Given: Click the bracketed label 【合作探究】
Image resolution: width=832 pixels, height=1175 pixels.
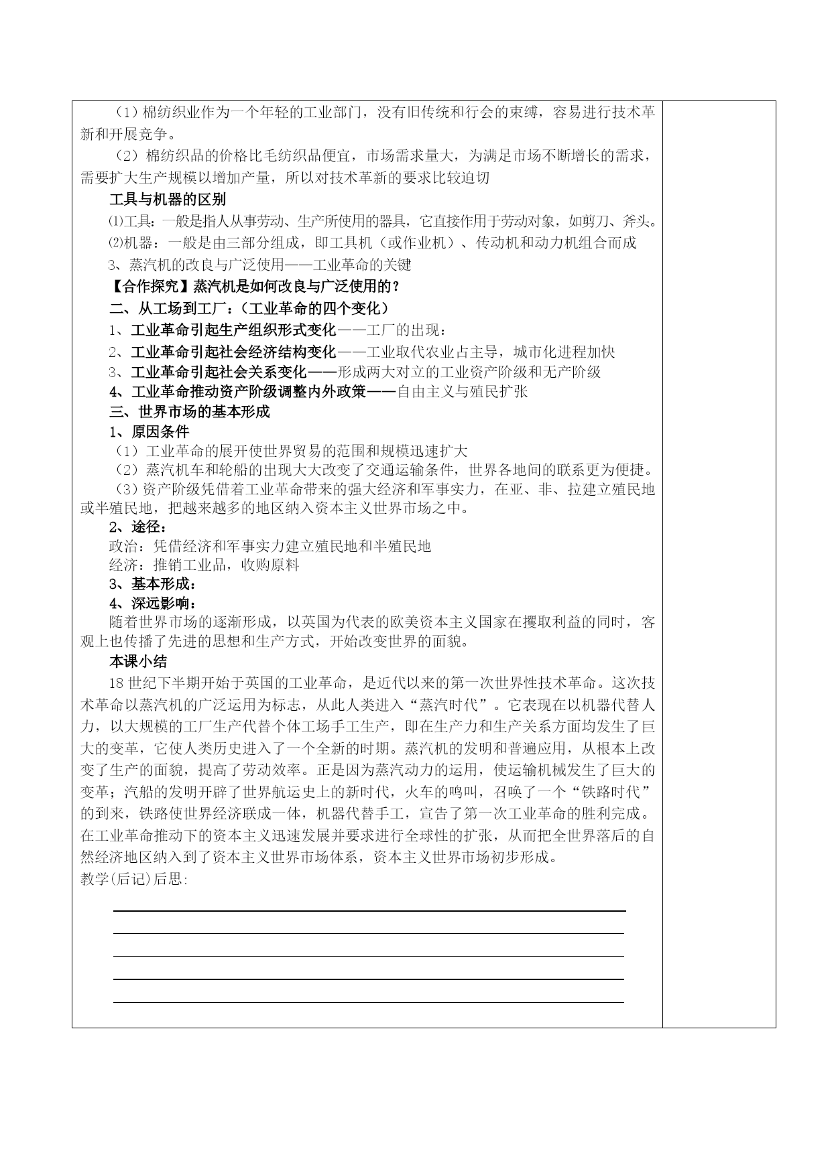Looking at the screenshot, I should click(x=151, y=286).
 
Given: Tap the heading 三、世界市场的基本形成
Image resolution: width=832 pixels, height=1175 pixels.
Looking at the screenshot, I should click(x=190, y=411).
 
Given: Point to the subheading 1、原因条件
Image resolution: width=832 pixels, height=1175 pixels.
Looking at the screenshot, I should click(x=150, y=431).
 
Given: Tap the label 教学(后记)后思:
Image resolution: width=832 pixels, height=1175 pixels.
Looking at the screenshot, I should click(x=134, y=880).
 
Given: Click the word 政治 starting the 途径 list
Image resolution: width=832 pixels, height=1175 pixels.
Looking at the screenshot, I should click(x=123, y=546).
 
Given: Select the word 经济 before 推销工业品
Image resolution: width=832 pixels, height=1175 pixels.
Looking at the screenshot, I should click(x=123, y=565).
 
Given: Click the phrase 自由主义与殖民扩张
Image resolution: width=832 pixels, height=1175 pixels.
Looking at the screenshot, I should click(x=463, y=391).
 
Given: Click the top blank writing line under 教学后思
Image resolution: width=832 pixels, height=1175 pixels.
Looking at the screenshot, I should click(x=369, y=911).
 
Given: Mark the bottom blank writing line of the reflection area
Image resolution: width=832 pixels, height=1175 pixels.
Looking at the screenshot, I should click(x=369, y=1002).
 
